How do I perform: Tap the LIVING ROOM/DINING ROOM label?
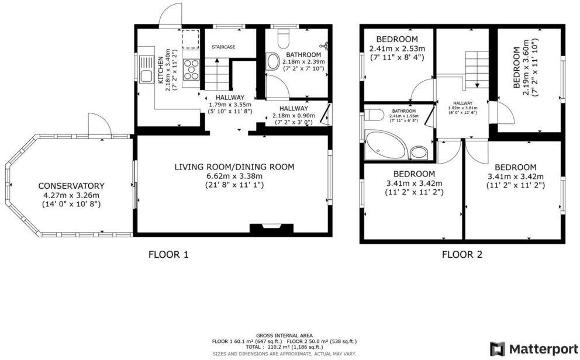coord(234,167)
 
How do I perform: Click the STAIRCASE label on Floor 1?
coord(223,47)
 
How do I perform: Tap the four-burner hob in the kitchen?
coord(191,70)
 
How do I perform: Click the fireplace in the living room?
coord(265,229)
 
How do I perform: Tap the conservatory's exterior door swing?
coord(96,124)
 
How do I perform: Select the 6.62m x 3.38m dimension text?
coord(234,176)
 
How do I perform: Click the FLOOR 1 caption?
coord(169,254)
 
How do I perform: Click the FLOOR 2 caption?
coord(462,254)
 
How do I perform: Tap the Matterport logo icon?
coord(498,349)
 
